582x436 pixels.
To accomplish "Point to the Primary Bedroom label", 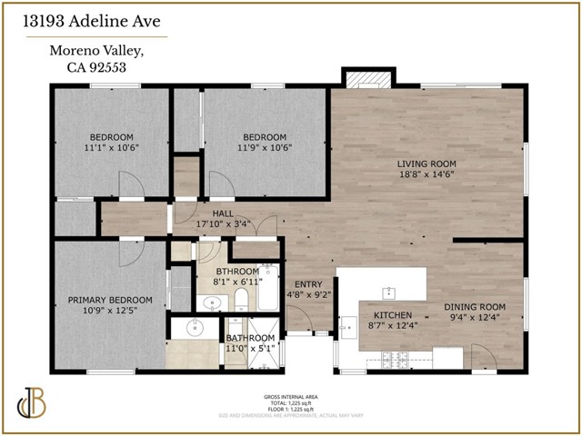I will [x=109, y=301].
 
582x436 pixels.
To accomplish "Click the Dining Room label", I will [x=475, y=306].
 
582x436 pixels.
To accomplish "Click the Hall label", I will [x=224, y=214].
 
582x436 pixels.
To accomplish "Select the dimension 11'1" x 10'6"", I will [x=110, y=147].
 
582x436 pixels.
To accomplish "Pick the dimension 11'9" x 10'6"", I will [x=263, y=147].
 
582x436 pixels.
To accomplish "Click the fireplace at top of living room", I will [x=366, y=79].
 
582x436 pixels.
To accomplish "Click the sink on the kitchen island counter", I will [x=389, y=292].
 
